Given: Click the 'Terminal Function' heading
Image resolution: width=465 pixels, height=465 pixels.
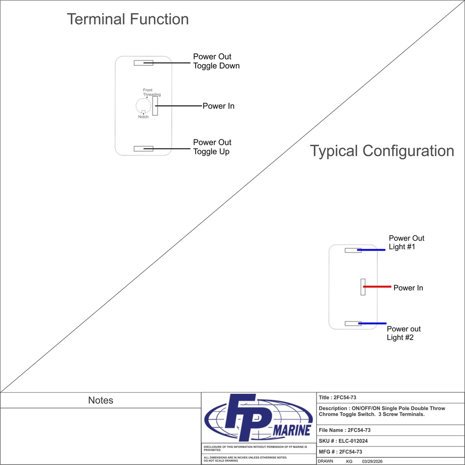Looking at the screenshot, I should (x=128, y=19).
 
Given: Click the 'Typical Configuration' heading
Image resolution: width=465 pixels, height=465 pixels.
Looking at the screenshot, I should (x=381, y=151).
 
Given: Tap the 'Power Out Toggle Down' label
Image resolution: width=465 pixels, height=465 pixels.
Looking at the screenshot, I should (x=216, y=61).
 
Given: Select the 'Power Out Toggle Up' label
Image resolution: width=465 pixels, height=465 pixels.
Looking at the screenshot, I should (x=212, y=147).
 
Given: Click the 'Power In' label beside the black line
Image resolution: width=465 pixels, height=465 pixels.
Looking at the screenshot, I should (x=218, y=106).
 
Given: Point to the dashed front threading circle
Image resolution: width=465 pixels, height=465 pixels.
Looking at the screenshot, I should (x=138, y=106).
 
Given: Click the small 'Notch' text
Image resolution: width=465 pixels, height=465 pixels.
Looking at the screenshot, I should (x=143, y=117).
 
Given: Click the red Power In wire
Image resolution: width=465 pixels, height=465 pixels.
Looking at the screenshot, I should (x=377, y=287).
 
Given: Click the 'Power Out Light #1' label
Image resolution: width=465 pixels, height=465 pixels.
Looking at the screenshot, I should (x=406, y=242).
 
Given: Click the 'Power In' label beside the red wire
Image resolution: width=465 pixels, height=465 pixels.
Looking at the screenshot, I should (x=408, y=288).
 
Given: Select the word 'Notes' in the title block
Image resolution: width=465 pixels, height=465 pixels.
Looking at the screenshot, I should (x=100, y=401).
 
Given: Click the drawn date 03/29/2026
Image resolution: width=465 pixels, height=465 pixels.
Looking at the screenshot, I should (x=372, y=461).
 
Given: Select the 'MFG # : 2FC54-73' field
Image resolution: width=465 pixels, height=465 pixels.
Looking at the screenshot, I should (x=341, y=452).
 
